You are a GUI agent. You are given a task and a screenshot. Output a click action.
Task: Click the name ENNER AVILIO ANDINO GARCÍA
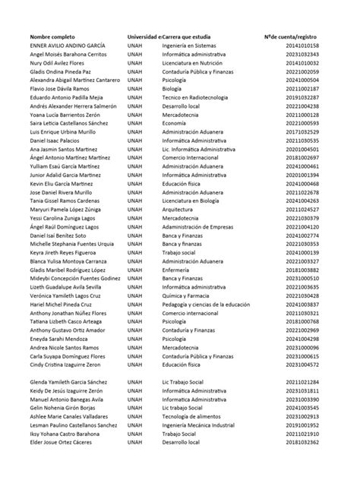click(x=67, y=46)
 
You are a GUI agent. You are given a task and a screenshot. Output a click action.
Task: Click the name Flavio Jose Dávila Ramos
click(x=59, y=88)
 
